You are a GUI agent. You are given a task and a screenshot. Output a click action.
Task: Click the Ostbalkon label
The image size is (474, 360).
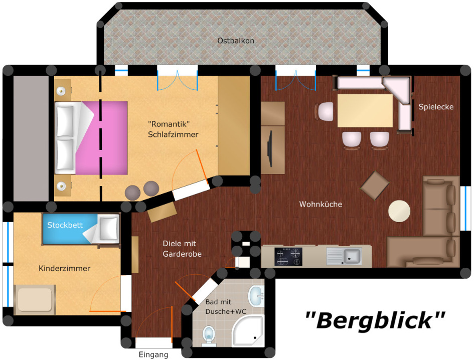pos(235,41)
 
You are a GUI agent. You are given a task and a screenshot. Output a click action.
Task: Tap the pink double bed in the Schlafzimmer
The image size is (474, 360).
pos(91,138)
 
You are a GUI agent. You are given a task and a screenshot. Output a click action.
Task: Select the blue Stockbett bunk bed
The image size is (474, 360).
pos(81,229)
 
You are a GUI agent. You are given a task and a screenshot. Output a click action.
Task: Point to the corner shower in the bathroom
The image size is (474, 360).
pos(248,330)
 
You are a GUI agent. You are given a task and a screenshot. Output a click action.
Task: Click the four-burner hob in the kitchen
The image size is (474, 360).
pos(288,257)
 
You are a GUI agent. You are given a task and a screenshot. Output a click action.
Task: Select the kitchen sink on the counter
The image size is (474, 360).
pos(344,256)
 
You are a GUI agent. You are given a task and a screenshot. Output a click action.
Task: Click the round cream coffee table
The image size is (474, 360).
pos(399,211)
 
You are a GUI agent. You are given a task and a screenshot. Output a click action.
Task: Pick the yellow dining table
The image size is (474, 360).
pos(365,111)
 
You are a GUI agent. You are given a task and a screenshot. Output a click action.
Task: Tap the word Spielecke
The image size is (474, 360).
pos(436,107)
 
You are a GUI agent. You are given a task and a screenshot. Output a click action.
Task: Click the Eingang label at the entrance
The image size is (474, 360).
pos(153,354)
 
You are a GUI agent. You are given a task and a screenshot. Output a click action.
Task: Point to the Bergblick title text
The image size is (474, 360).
pos(375,320)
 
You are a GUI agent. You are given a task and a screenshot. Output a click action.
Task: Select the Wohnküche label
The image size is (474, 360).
pos(321,204)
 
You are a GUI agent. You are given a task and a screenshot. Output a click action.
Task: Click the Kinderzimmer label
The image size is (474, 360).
pos(64,268)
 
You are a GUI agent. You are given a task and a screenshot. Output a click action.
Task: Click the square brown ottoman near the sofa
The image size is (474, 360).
pos(375,186)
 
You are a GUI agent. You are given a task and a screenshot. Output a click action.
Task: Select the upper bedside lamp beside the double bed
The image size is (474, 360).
pos(61,91)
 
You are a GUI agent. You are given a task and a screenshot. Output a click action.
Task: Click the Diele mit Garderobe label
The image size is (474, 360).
pos(182,249)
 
